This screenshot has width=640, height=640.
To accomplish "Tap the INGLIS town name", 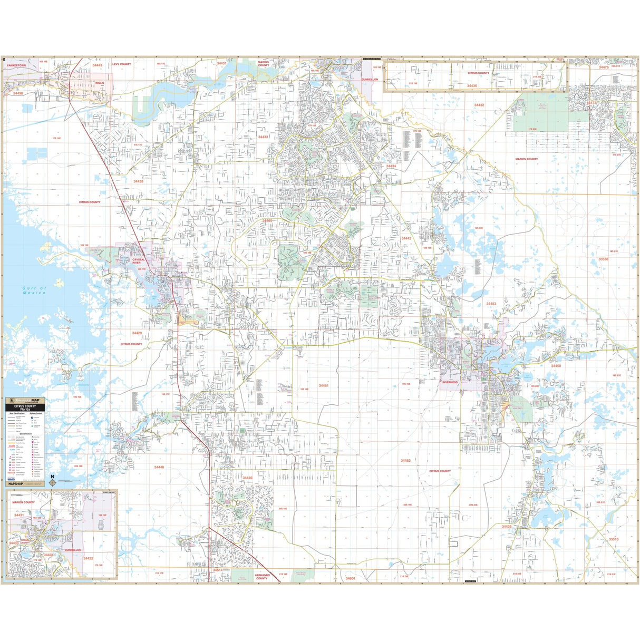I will tap(100, 83).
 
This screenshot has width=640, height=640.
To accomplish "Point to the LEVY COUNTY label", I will tap(121, 64).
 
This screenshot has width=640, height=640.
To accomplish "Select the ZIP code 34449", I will tap(98, 65).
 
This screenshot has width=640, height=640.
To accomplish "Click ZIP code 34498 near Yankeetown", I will tap(18, 93).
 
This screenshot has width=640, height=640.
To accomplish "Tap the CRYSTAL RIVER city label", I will tap(138, 261).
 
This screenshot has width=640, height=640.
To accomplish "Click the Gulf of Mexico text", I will tap(34, 290).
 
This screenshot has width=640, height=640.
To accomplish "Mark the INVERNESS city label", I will tap(450, 382).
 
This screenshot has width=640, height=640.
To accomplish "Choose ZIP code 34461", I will tap(323, 385).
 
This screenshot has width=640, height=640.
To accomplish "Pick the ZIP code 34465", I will tap(267, 220).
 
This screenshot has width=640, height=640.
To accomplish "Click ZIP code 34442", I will tap(406, 238).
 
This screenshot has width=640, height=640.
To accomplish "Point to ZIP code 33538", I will tap(603, 259).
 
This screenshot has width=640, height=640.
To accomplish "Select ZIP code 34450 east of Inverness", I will tap(556, 365).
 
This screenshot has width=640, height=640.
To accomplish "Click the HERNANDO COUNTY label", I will tap(261, 576).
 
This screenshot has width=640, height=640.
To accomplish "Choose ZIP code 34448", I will tap(159, 467).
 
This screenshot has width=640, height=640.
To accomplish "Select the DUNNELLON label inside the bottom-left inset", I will tap(73, 550).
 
